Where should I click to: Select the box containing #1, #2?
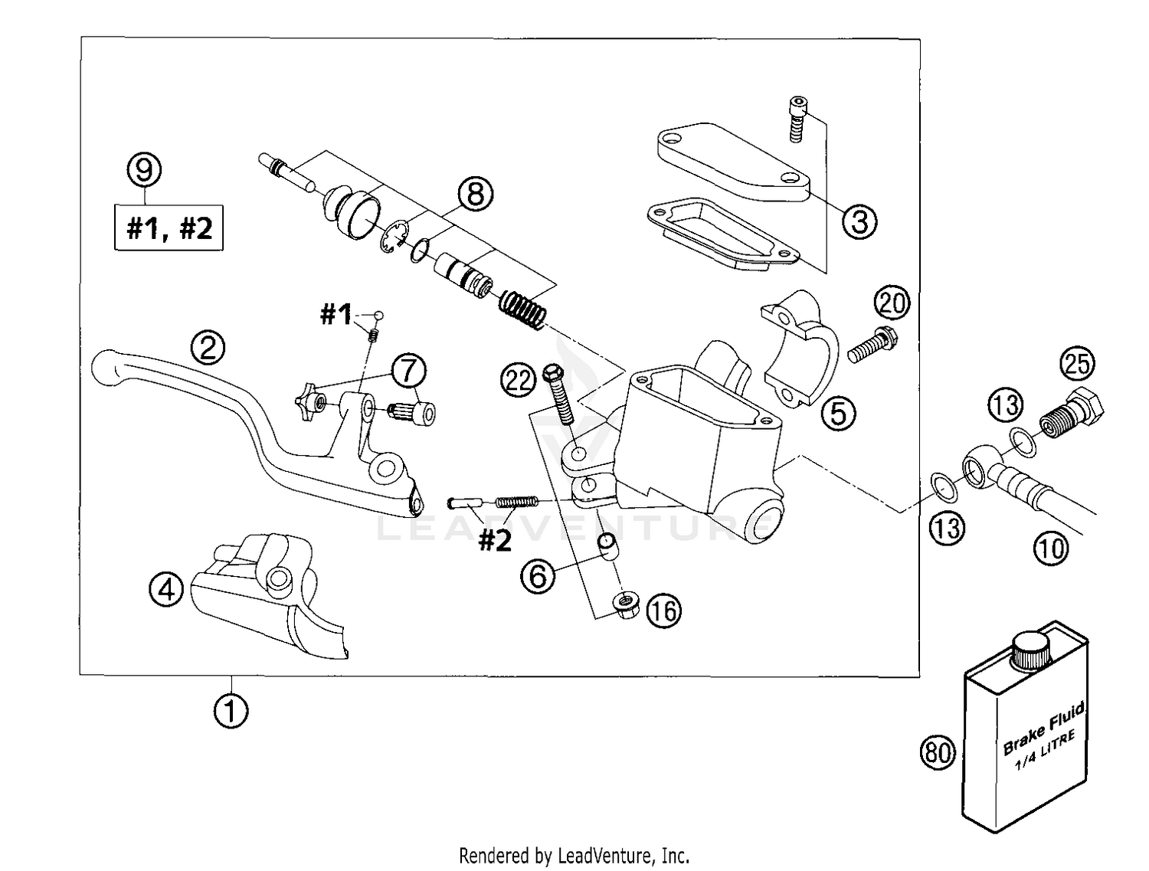tap(169, 228)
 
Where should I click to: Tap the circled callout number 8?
tap(476, 194)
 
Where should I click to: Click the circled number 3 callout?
tap(859, 221)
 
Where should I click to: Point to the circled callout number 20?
tap(892, 304)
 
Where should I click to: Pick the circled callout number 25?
tap(1077, 363)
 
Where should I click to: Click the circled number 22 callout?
tap(519, 379)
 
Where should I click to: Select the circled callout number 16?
tap(663, 611)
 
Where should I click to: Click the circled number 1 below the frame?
tap(231, 712)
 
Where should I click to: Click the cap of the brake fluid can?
tap(1030, 651)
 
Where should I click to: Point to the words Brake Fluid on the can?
tap(1043, 730)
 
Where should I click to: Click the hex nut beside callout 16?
tap(627, 605)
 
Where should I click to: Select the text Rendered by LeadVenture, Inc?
tap(574, 855)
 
